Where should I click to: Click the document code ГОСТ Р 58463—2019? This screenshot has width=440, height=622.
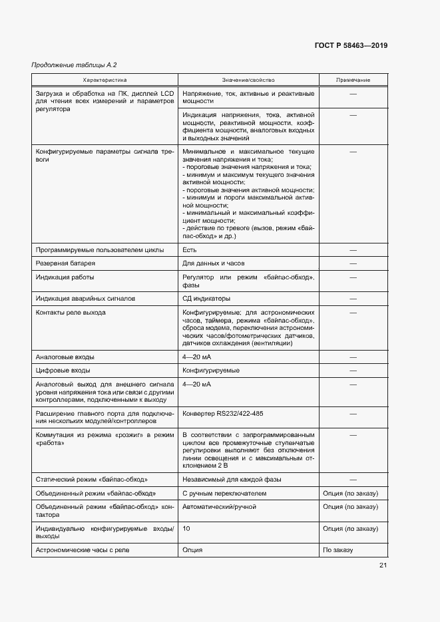point(351,45)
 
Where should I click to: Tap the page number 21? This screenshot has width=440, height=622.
point(383,565)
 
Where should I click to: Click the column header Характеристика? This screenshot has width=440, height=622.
point(104,80)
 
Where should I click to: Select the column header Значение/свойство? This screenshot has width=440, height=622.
point(248,80)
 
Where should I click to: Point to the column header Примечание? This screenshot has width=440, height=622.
point(353,80)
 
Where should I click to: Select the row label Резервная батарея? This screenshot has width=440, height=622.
point(65,263)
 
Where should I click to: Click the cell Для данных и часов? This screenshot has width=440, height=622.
point(214,263)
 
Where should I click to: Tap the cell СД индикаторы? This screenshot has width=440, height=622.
point(206,299)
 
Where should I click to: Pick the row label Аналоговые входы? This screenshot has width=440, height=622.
point(65,357)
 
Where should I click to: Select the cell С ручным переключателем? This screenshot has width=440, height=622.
point(224,493)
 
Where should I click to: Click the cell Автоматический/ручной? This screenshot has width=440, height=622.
point(219,506)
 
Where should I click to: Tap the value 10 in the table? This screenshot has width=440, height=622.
point(186,528)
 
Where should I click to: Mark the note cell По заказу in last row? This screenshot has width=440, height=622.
point(337,550)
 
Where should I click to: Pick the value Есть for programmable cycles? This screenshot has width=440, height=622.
point(189,250)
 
